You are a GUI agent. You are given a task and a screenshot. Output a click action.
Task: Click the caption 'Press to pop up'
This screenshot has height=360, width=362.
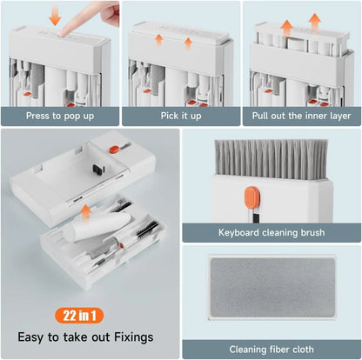tap(60, 114)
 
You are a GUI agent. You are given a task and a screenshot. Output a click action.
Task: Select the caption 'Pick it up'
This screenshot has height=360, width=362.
tap(181, 114)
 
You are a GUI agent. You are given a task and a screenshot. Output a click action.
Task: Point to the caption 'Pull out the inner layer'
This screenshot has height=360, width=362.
tap(302, 114)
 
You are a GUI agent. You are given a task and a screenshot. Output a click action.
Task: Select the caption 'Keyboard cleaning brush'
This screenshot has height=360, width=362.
tap(271, 233)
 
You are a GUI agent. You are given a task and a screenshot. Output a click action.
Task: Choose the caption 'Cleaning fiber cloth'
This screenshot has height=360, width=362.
tap(271, 349)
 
